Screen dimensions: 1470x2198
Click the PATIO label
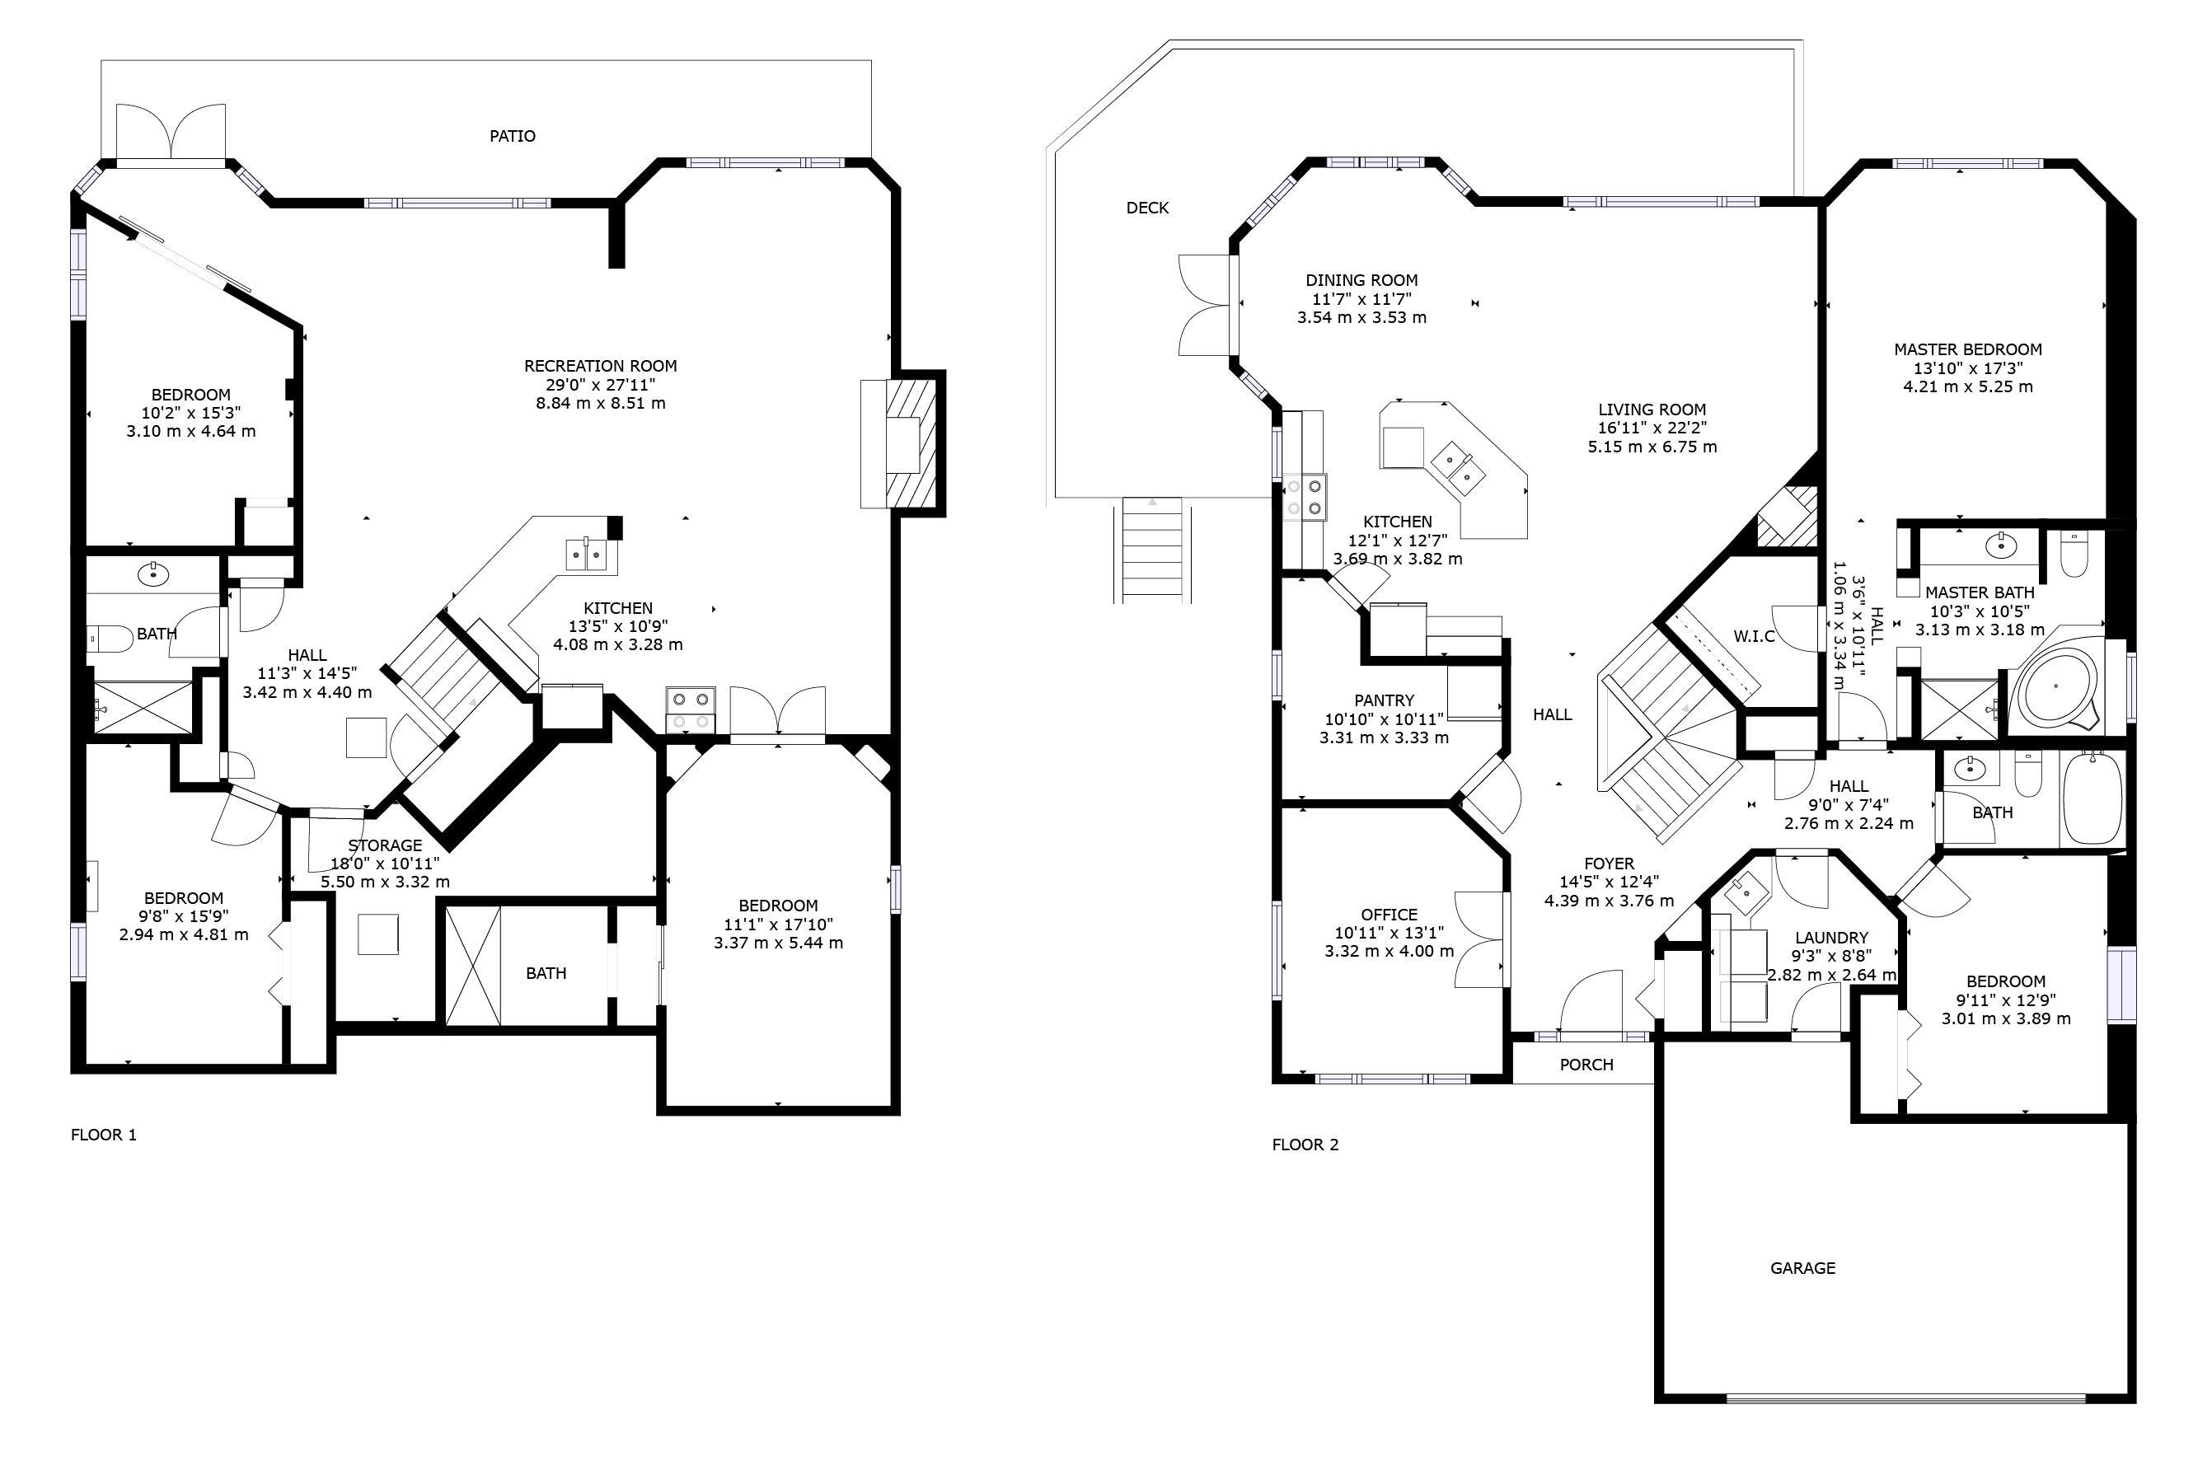click(512, 136)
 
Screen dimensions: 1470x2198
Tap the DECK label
click(1147, 208)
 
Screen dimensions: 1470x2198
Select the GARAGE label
click(1802, 1268)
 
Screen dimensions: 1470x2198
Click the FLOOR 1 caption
click(103, 1135)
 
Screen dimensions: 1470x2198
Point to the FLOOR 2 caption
click(1305, 1145)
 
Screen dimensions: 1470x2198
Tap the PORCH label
click(1586, 1065)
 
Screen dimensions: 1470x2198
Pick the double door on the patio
click(171, 131)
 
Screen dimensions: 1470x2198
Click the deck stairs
click(1152, 550)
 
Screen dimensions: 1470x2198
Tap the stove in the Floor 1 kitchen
click(690, 709)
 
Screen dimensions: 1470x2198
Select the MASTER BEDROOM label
click(1967, 349)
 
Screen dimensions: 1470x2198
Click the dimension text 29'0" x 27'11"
click(600, 384)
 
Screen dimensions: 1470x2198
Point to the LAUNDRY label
click(1830, 938)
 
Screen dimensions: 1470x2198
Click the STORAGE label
click(384, 845)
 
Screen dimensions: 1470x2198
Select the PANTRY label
click(1383, 700)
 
